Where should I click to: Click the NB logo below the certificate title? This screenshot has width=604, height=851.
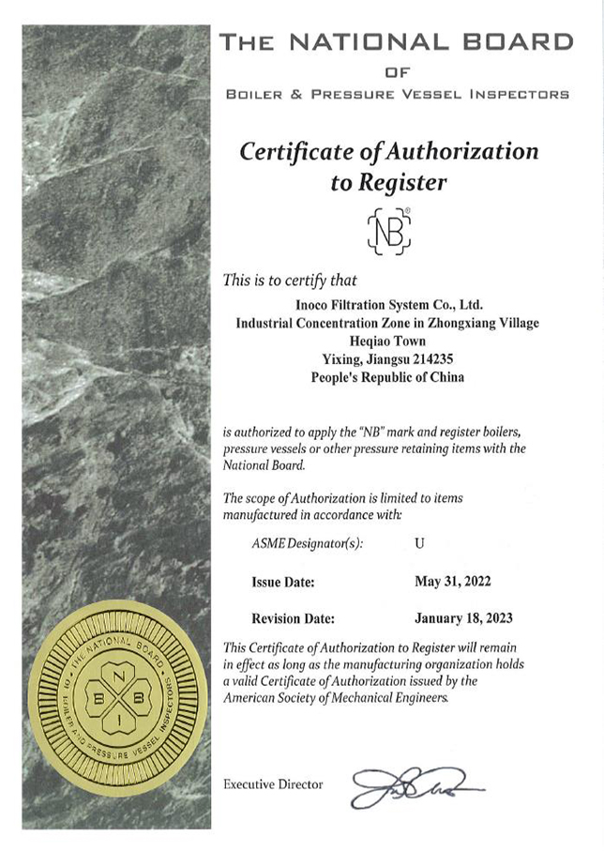(x=388, y=231)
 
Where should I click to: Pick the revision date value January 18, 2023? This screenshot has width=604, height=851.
(x=463, y=618)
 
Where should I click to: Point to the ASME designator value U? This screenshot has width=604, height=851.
(x=419, y=544)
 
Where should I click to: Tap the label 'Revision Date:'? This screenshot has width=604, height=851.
(x=294, y=619)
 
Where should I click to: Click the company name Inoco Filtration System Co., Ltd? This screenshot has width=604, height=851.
(x=388, y=304)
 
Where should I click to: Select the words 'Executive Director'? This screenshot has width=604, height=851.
(x=274, y=784)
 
